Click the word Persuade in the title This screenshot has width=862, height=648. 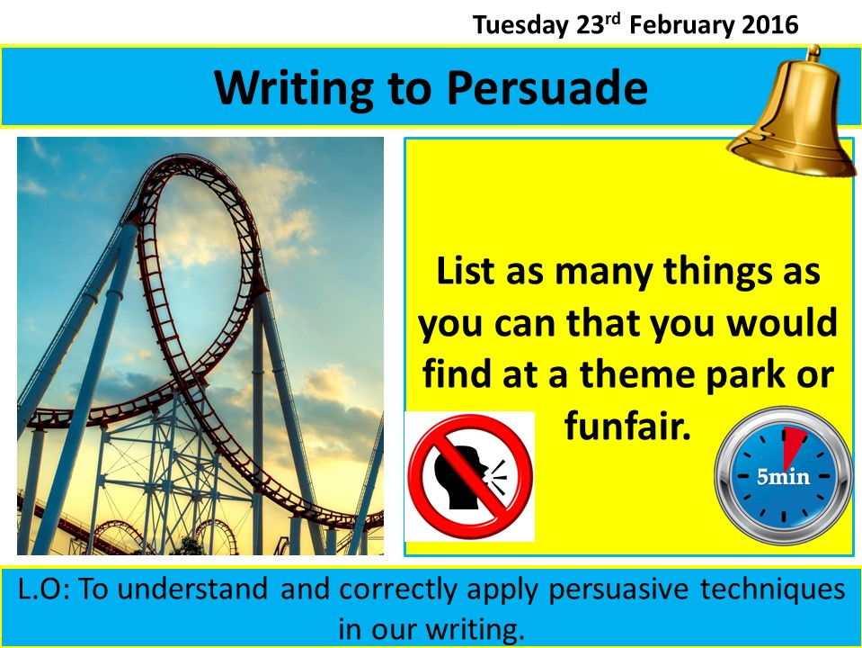tap(547, 88)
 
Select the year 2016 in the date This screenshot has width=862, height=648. tap(769, 25)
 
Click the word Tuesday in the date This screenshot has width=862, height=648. tap(520, 26)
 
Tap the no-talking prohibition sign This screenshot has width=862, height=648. tap(470, 476)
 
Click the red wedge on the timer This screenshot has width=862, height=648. tap(792, 445)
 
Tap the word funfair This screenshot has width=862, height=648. tap(627, 425)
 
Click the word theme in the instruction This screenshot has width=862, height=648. tap(638, 373)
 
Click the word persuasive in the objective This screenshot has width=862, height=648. tap(618, 590)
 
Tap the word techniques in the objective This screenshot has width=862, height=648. tap(772, 590)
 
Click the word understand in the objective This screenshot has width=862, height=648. tap(193, 589)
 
